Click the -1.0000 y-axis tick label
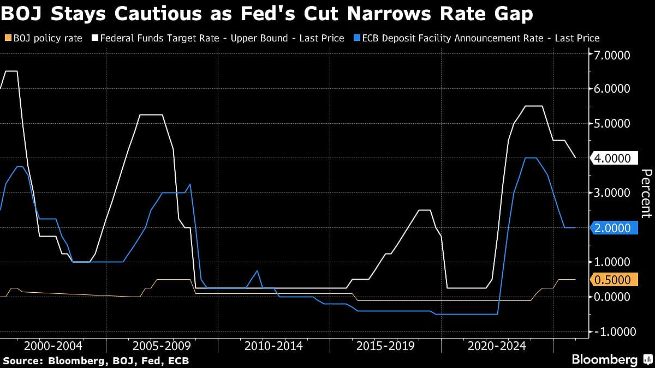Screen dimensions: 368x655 point(610,332)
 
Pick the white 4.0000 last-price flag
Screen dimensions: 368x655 point(615,159)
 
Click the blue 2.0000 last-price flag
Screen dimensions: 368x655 point(615,228)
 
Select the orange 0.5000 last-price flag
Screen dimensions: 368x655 point(615,280)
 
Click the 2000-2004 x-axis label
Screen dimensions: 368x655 point(53,346)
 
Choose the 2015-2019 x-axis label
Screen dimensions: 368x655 point(385,346)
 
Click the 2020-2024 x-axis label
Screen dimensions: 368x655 point(496,346)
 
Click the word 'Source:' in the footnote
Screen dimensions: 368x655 point(22,360)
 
